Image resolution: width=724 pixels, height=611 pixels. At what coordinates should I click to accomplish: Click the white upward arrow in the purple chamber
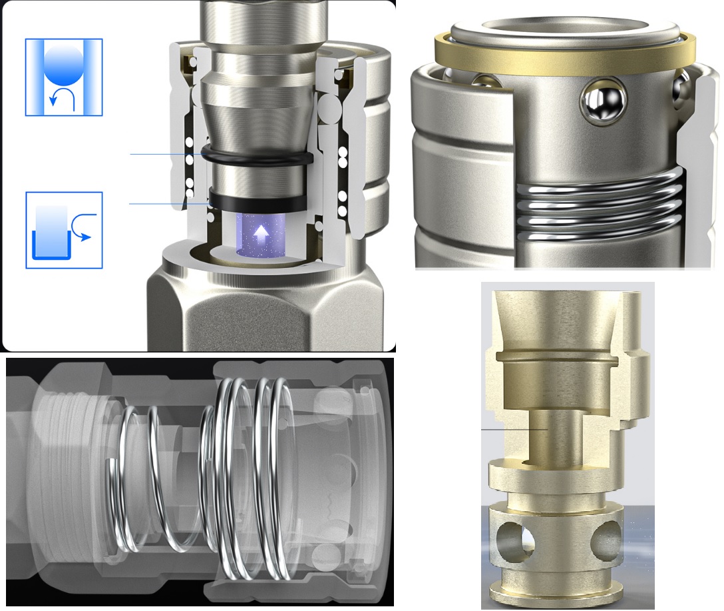point(262,233)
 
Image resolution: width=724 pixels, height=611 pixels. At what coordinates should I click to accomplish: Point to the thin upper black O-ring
point(256,157)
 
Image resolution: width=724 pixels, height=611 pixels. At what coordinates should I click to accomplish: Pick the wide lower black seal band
point(257,198)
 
